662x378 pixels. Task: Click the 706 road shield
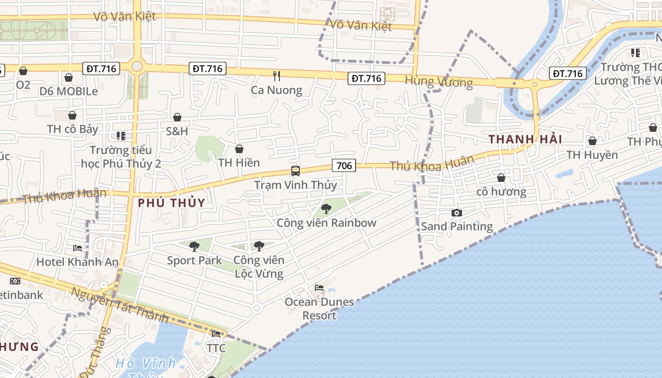click(344, 165)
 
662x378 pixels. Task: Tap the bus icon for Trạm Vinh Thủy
click(296, 171)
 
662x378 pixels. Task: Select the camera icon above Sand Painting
click(456, 213)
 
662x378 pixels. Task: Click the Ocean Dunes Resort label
click(319, 309)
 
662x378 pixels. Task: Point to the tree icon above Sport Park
click(194, 246)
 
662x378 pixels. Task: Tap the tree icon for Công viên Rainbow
click(326, 208)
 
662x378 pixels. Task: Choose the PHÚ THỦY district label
click(172, 203)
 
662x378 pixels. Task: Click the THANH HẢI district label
click(525, 139)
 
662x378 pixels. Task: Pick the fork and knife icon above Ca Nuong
click(277, 76)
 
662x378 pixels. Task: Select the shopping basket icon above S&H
click(177, 117)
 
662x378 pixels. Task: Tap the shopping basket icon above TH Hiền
click(239, 149)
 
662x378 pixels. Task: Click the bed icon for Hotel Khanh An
click(78, 248)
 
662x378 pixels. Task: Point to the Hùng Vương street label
click(439, 82)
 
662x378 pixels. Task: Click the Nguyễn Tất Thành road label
click(119, 305)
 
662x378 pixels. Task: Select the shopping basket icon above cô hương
click(501, 178)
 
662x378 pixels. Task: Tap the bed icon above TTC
click(216, 334)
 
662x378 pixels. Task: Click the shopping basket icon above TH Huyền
click(592, 141)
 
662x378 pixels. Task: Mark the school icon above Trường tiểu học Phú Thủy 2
click(121, 136)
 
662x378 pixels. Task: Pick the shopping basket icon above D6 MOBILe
click(69, 77)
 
